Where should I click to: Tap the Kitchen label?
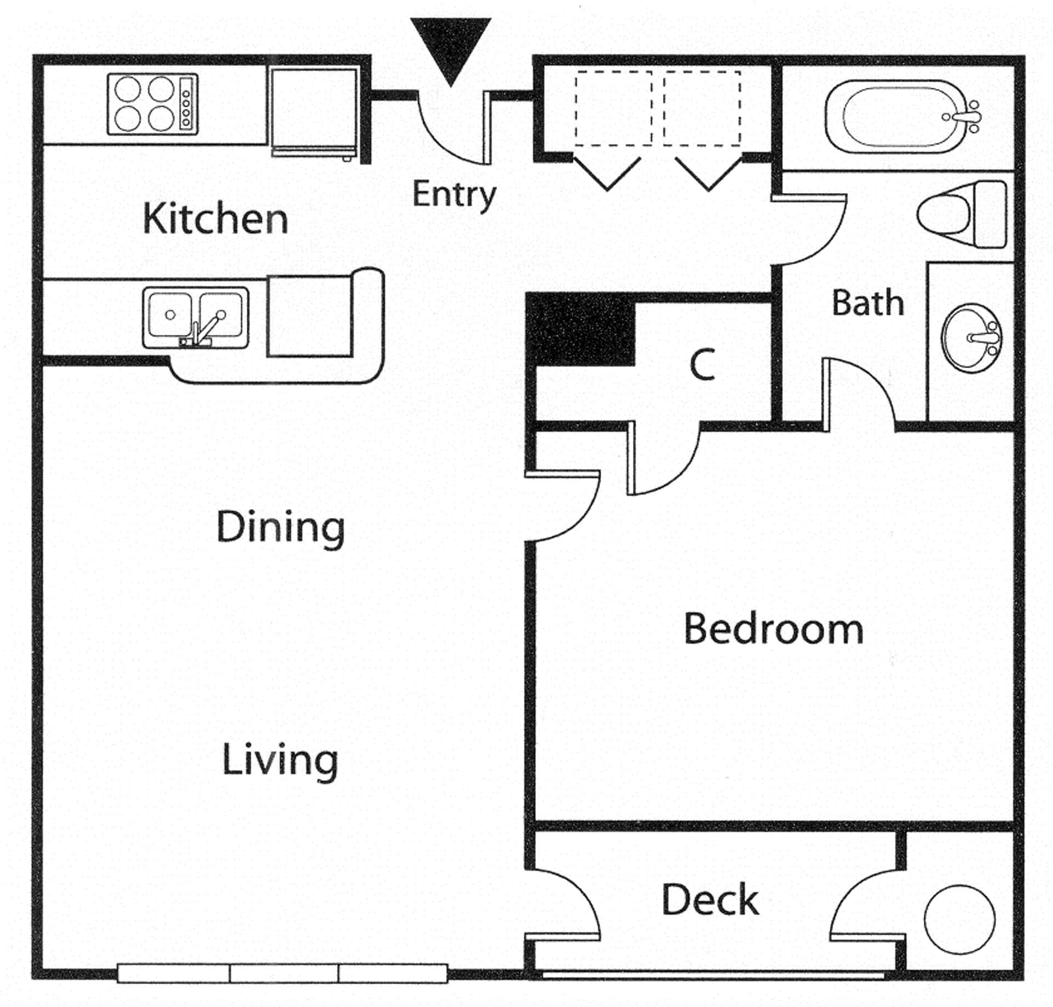click(x=215, y=219)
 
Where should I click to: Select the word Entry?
click(x=454, y=195)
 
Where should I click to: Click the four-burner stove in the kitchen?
click(x=152, y=104)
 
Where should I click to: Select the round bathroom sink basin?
click(x=971, y=338)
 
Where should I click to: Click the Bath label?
click(x=868, y=303)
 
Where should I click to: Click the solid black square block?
click(x=580, y=330)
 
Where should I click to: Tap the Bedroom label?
click(x=773, y=629)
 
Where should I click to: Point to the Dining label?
click(x=280, y=527)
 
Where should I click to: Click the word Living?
click(x=280, y=761)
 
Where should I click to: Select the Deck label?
click(x=710, y=901)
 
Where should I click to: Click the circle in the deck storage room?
click(x=959, y=920)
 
